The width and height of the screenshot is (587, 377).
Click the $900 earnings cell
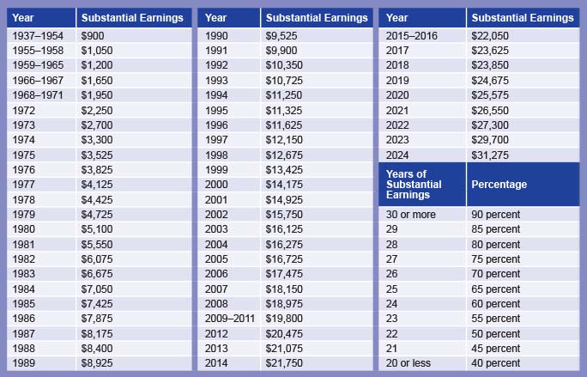coord(92,35)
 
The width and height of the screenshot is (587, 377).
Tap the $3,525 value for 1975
coord(96,155)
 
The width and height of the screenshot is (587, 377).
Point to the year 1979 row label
coord(24,214)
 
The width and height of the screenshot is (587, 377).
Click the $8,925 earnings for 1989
coord(96,362)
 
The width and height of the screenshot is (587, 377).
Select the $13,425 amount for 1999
coord(284,169)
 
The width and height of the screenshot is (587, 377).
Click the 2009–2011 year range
coord(230,318)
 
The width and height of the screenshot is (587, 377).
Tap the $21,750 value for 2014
coord(284,362)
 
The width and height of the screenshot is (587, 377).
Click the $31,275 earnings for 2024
coord(490,155)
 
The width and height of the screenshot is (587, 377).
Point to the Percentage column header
coord(499,185)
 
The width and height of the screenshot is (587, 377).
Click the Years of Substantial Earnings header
coord(415,185)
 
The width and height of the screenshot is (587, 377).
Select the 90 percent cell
coord(496,214)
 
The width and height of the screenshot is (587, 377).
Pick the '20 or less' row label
coord(408,362)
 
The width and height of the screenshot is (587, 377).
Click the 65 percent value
coord(496,289)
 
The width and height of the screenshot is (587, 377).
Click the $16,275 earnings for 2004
coord(284,244)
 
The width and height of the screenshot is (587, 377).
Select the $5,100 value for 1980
coord(96,228)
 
